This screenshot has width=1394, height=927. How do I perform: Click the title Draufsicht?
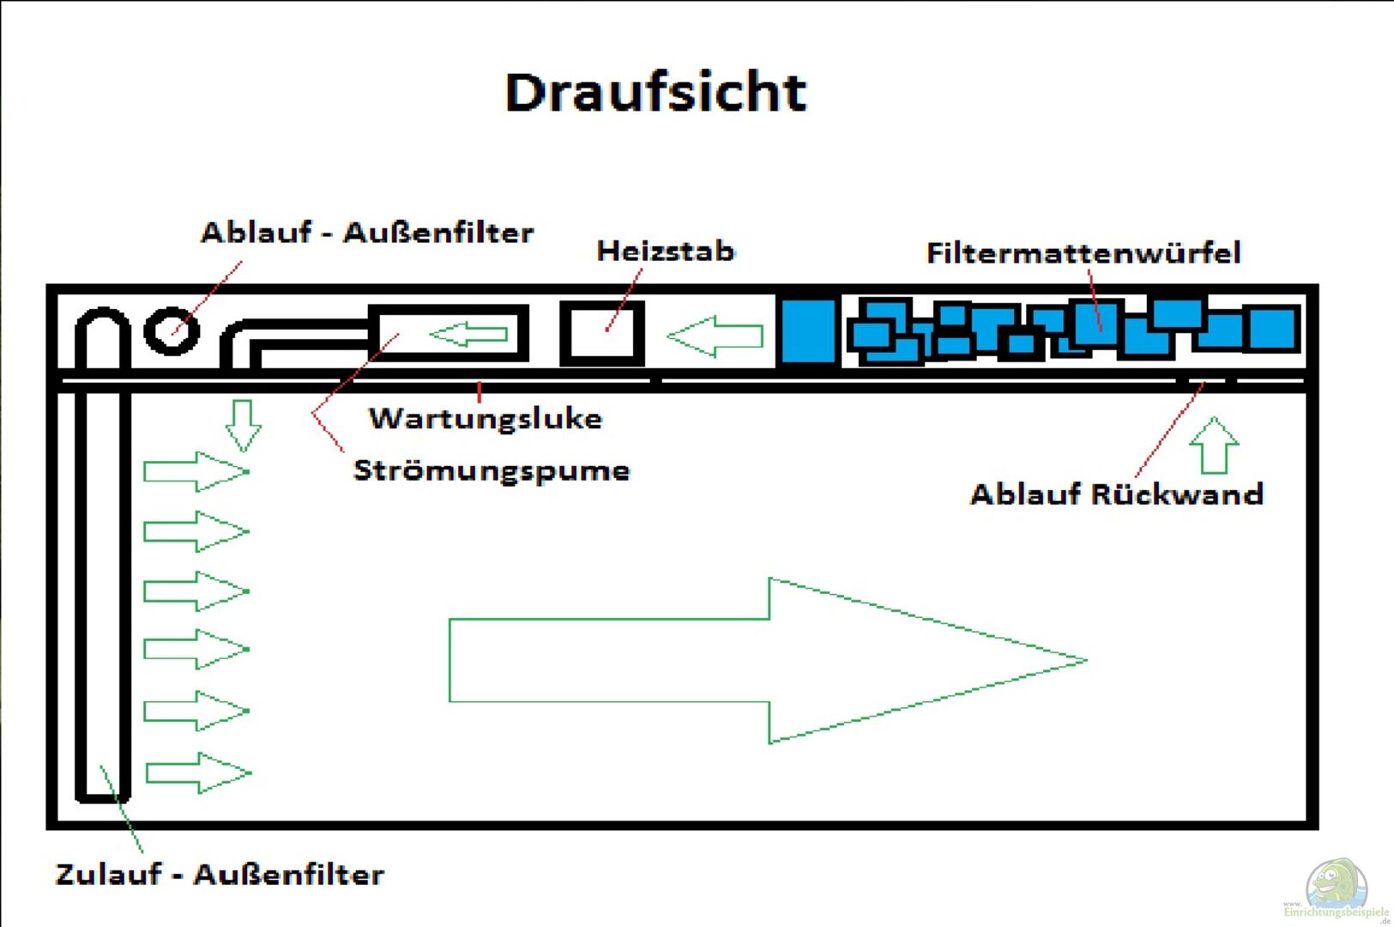point(656,92)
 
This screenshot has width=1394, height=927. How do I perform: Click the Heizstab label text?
point(666,251)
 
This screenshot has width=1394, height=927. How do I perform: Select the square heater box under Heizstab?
point(602,333)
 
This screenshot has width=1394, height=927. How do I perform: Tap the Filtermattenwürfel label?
point(1083,252)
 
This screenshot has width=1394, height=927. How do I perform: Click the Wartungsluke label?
point(486,418)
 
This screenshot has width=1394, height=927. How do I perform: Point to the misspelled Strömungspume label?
point(492,470)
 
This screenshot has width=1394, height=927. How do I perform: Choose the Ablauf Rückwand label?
point(1116,494)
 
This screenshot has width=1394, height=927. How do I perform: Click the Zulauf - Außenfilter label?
point(220,874)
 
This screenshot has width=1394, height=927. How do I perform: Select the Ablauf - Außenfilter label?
point(367,233)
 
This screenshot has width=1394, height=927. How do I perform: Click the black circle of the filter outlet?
point(172,330)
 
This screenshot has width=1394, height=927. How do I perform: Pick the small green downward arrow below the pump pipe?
point(243,425)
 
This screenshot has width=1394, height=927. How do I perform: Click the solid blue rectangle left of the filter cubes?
point(807,331)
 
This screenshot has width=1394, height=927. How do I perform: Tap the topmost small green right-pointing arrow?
point(196,471)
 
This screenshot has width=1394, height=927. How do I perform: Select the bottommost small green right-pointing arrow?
point(198,772)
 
